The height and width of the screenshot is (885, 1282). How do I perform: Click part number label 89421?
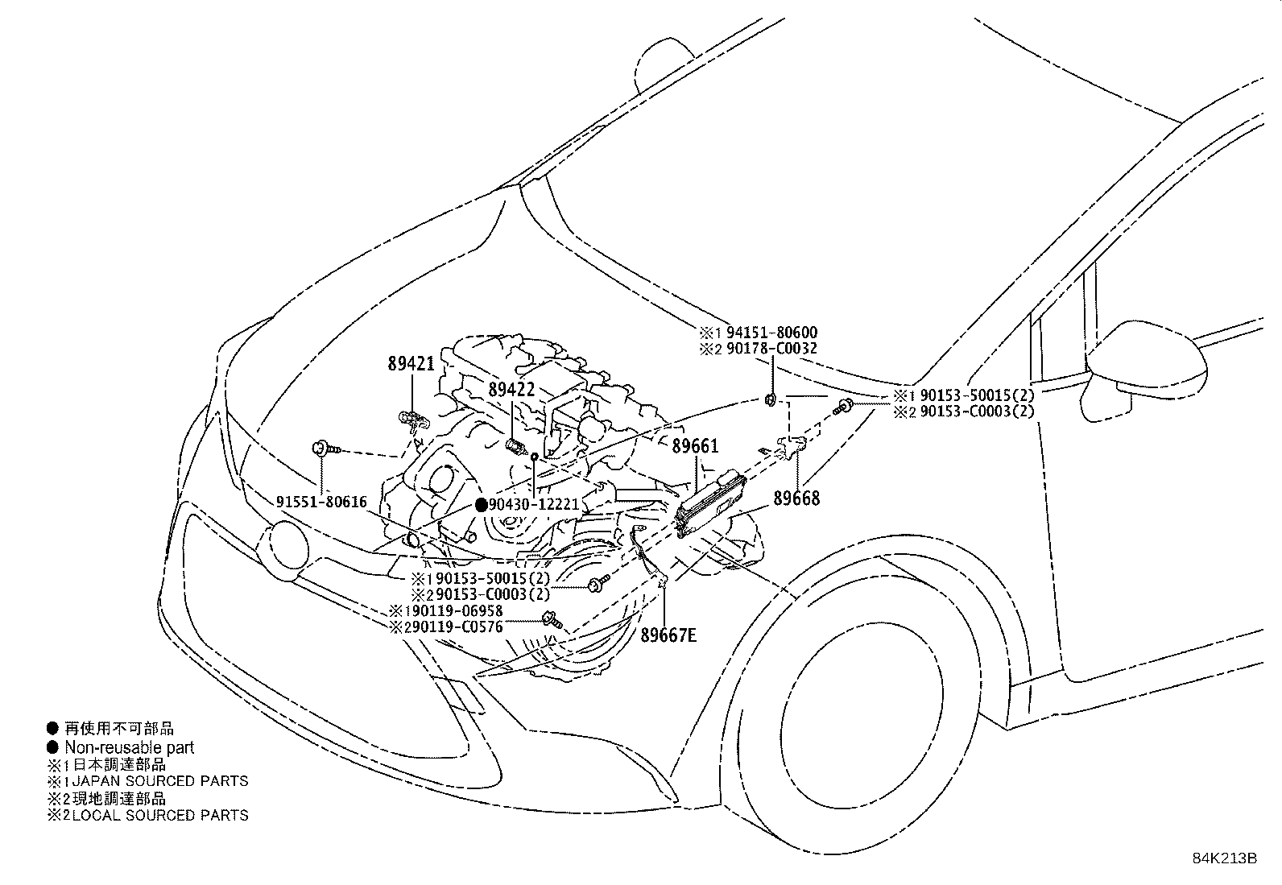(411, 363)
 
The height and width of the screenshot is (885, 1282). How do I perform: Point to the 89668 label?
(796, 499)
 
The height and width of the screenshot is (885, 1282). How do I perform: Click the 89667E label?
(668, 636)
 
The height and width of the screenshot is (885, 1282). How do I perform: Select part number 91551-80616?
(321, 502)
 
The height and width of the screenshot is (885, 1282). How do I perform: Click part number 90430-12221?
(534, 505)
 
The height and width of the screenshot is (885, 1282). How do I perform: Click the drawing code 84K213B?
(1224, 858)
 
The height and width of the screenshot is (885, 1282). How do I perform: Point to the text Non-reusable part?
(129, 747)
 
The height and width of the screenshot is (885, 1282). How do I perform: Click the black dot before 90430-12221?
(481, 505)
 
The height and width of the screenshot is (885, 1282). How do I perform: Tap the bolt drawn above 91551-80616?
(323, 448)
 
